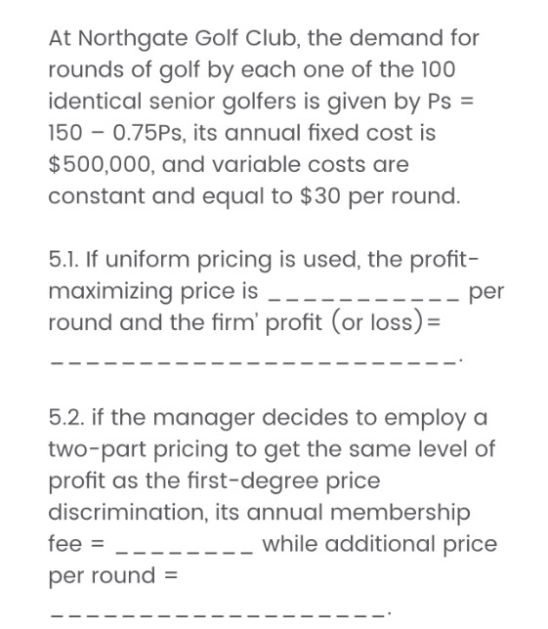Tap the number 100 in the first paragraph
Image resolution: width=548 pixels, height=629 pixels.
437,70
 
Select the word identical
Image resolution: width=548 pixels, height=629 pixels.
93,102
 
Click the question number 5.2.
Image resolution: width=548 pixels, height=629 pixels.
67,417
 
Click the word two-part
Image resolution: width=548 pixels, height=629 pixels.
95,448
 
